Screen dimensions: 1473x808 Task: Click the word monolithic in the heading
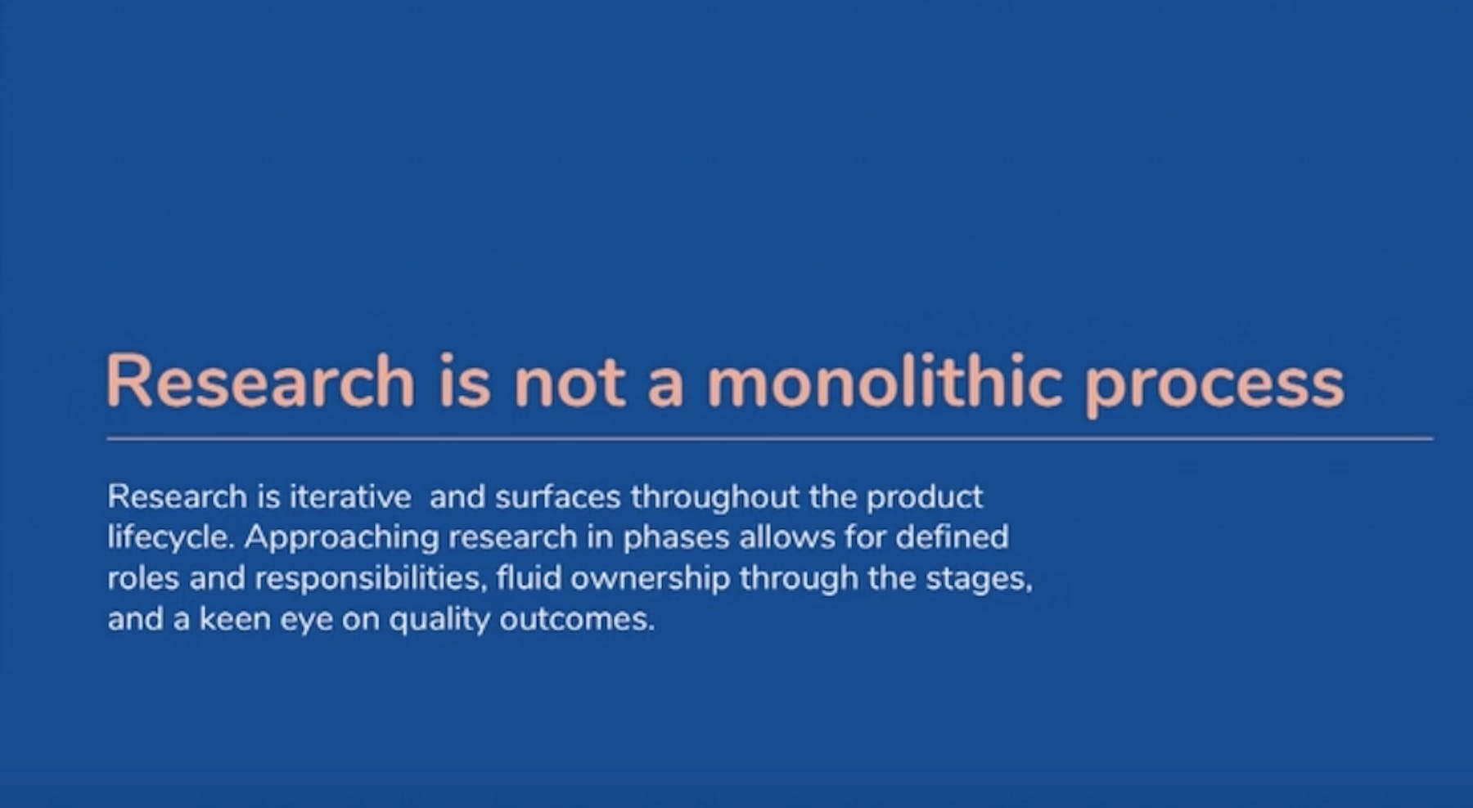[x=885, y=380]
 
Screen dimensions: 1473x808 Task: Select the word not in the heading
[x=570, y=382]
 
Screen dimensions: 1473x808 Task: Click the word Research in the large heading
[x=260, y=380]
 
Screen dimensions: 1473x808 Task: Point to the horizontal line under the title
[x=769, y=439]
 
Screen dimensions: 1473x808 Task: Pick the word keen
[x=235, y=619]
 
